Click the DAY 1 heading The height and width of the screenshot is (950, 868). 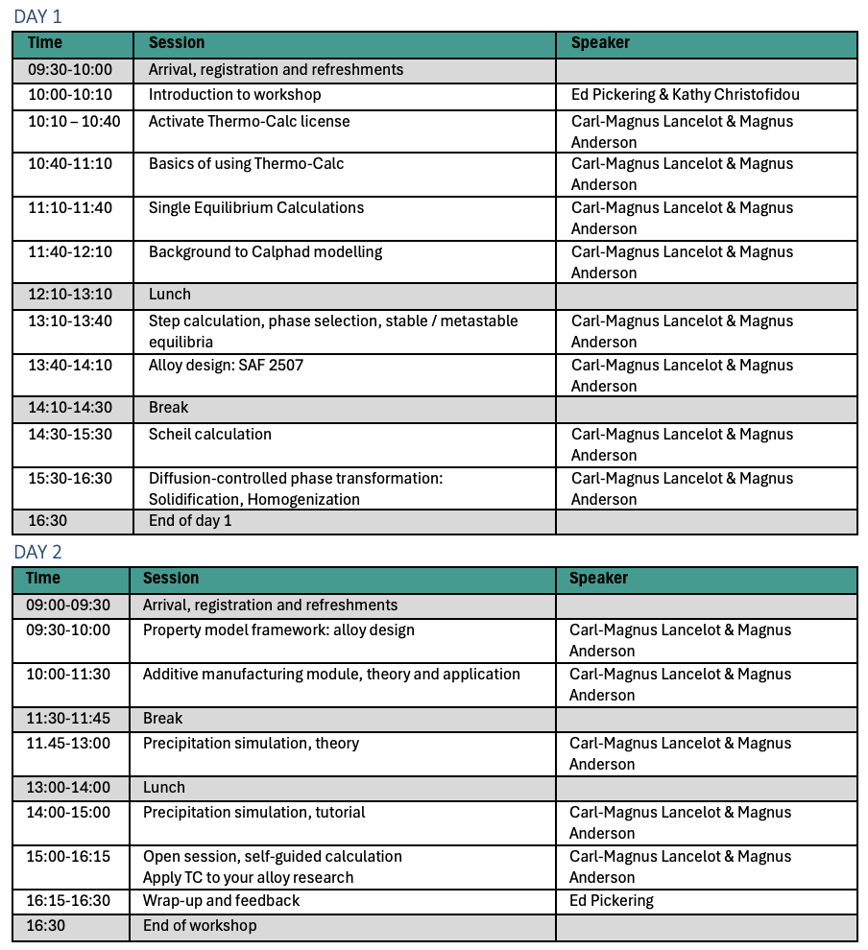[37, 16]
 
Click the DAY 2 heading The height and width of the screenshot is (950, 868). [37, 552]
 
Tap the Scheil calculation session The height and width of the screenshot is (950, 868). [209, 435]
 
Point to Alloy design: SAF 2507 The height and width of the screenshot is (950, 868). [226, 366]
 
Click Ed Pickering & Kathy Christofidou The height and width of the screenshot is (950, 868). [685, 95]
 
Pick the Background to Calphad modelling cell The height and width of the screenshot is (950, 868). [265, 252]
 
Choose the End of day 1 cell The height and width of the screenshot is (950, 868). [190, 521]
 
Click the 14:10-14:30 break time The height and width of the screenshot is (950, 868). [69, 408]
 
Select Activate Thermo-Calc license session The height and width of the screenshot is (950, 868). [249, 122]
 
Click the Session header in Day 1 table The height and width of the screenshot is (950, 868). [177, 43]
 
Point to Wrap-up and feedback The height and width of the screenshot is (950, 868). [221, 901]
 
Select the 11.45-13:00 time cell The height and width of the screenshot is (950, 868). [68, 744]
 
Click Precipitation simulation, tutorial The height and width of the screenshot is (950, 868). [253, 813]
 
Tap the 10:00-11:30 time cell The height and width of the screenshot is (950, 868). [68, 675]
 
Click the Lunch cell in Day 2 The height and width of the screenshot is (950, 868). [164, 788]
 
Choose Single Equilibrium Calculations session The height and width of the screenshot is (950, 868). [255, 208]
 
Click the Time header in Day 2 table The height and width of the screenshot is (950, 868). [43, 579]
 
